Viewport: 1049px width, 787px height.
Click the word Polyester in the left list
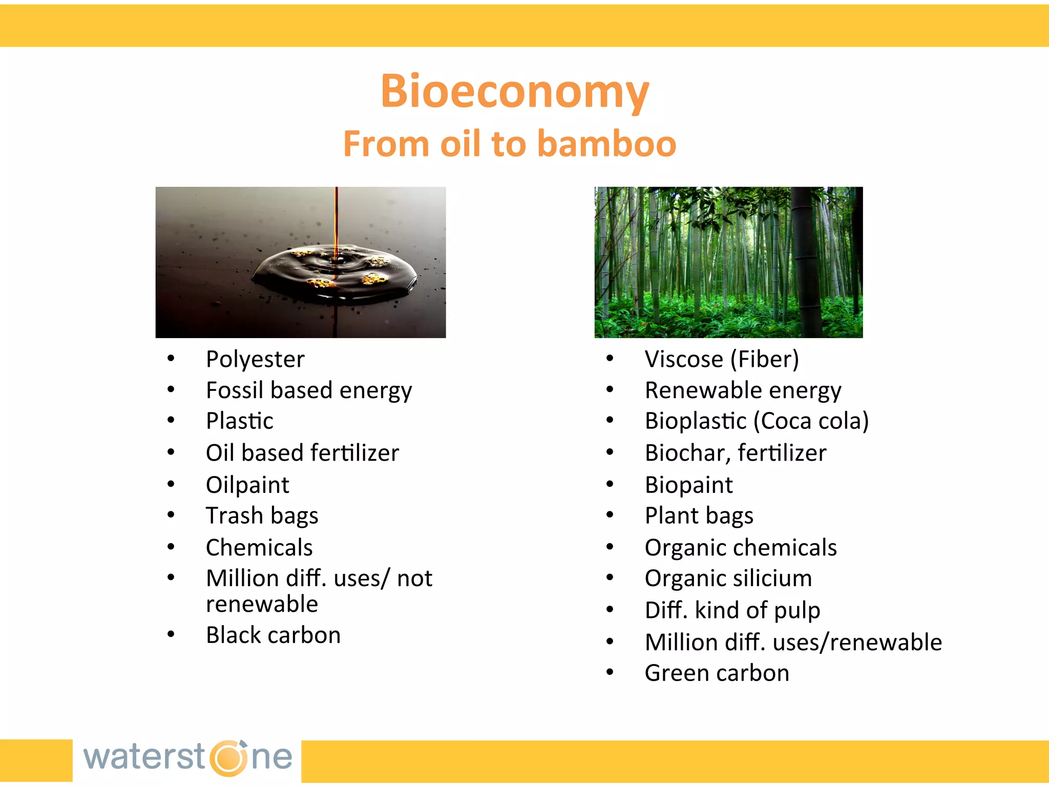[255, 359]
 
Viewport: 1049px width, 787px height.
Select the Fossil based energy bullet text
[308, 390]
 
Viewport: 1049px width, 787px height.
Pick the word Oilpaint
[247, 485]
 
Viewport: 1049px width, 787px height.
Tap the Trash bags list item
[262, 515]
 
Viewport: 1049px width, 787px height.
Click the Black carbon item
[273, 635]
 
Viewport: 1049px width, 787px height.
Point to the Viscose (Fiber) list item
[721, 359]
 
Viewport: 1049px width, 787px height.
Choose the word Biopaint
[688, 485]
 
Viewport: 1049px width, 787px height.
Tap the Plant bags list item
[699, 515]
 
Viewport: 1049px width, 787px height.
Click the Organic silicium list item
[728, 578]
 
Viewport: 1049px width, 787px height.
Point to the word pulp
[797, 611]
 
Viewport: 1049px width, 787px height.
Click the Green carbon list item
[717, 673]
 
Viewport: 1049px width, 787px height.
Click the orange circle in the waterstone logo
[228, 758]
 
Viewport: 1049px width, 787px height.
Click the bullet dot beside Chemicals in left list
[171, 547]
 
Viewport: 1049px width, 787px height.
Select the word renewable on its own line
[262, 605]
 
